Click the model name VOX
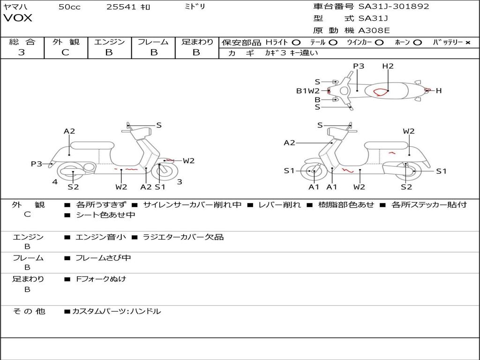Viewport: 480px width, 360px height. tap(18, 18)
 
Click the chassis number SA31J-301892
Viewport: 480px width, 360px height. tap(394, 7)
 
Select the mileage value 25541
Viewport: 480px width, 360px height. tap(121, 7)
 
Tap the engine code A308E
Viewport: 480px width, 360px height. tap(374, 31)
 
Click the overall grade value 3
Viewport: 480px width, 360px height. tap(22, 52)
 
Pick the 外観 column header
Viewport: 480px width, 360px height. tap(66, 42)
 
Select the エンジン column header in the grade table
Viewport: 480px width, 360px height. tap(109, 42)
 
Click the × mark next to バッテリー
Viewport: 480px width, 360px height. tap(467, 42)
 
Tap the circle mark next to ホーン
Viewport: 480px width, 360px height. tap(418, 42)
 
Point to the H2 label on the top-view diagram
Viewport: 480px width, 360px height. tap(388, 66)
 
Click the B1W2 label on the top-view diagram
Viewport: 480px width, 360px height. tap(307, 91)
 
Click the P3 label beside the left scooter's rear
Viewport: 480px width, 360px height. tap(37, 164)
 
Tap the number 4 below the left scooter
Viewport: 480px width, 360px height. tap(55, 182)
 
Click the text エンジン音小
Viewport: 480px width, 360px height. tap(100, 237)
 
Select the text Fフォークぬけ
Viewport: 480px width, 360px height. tap(101, 279)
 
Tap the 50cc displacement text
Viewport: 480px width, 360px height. tap(69, 7)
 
